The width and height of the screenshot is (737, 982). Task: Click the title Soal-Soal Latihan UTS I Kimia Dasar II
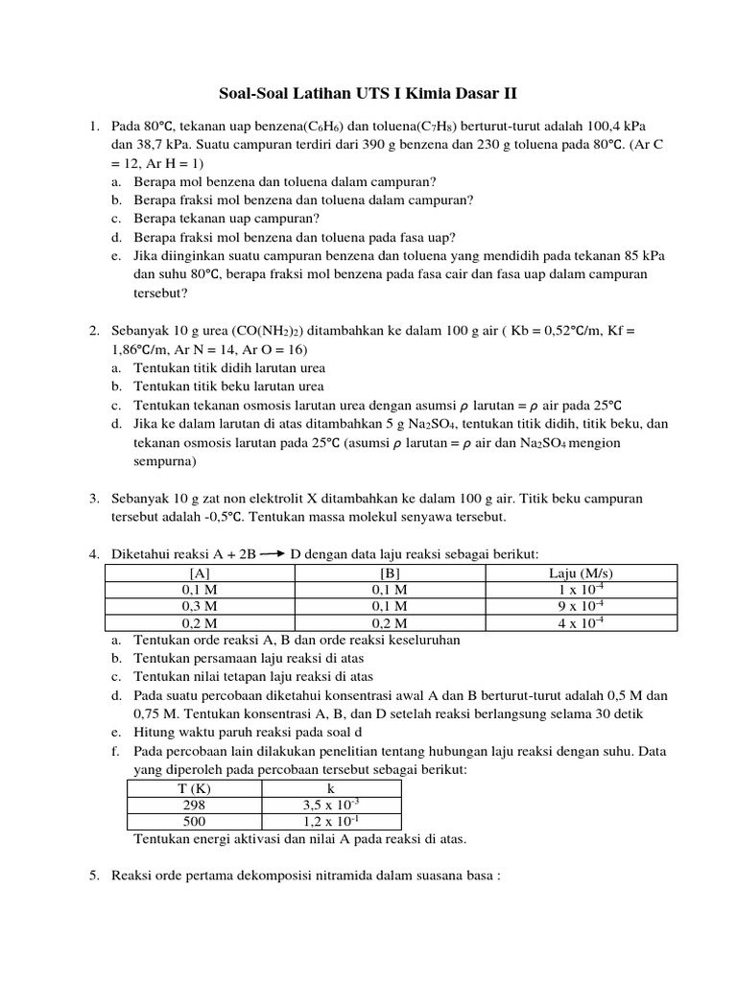click(x=368, y=93)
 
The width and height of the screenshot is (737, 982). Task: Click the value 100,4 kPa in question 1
click(x=631, y=126)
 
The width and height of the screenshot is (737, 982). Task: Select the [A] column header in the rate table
click(x=201, y=573)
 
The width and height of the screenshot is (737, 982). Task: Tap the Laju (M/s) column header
click(x=582, y=573)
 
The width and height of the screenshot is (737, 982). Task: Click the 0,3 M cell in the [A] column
click(x=201, y=606)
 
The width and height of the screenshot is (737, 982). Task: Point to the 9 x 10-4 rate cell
click(x=582, y=606)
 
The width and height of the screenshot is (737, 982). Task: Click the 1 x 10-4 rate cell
click(x=582, y=590)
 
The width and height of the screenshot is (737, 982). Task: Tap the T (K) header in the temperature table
click(x=194, y=788)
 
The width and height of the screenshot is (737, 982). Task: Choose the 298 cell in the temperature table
click(x=194, y=805)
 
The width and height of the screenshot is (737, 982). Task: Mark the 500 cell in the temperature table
click(x=194, y=822)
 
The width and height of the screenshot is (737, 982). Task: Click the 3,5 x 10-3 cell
click(x=331, y=805)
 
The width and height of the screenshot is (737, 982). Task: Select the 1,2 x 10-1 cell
click(x=331, y=822)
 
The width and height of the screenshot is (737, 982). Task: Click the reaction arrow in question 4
click(x=272, y=553)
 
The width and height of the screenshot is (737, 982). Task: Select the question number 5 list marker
click(x=94, y=876)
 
